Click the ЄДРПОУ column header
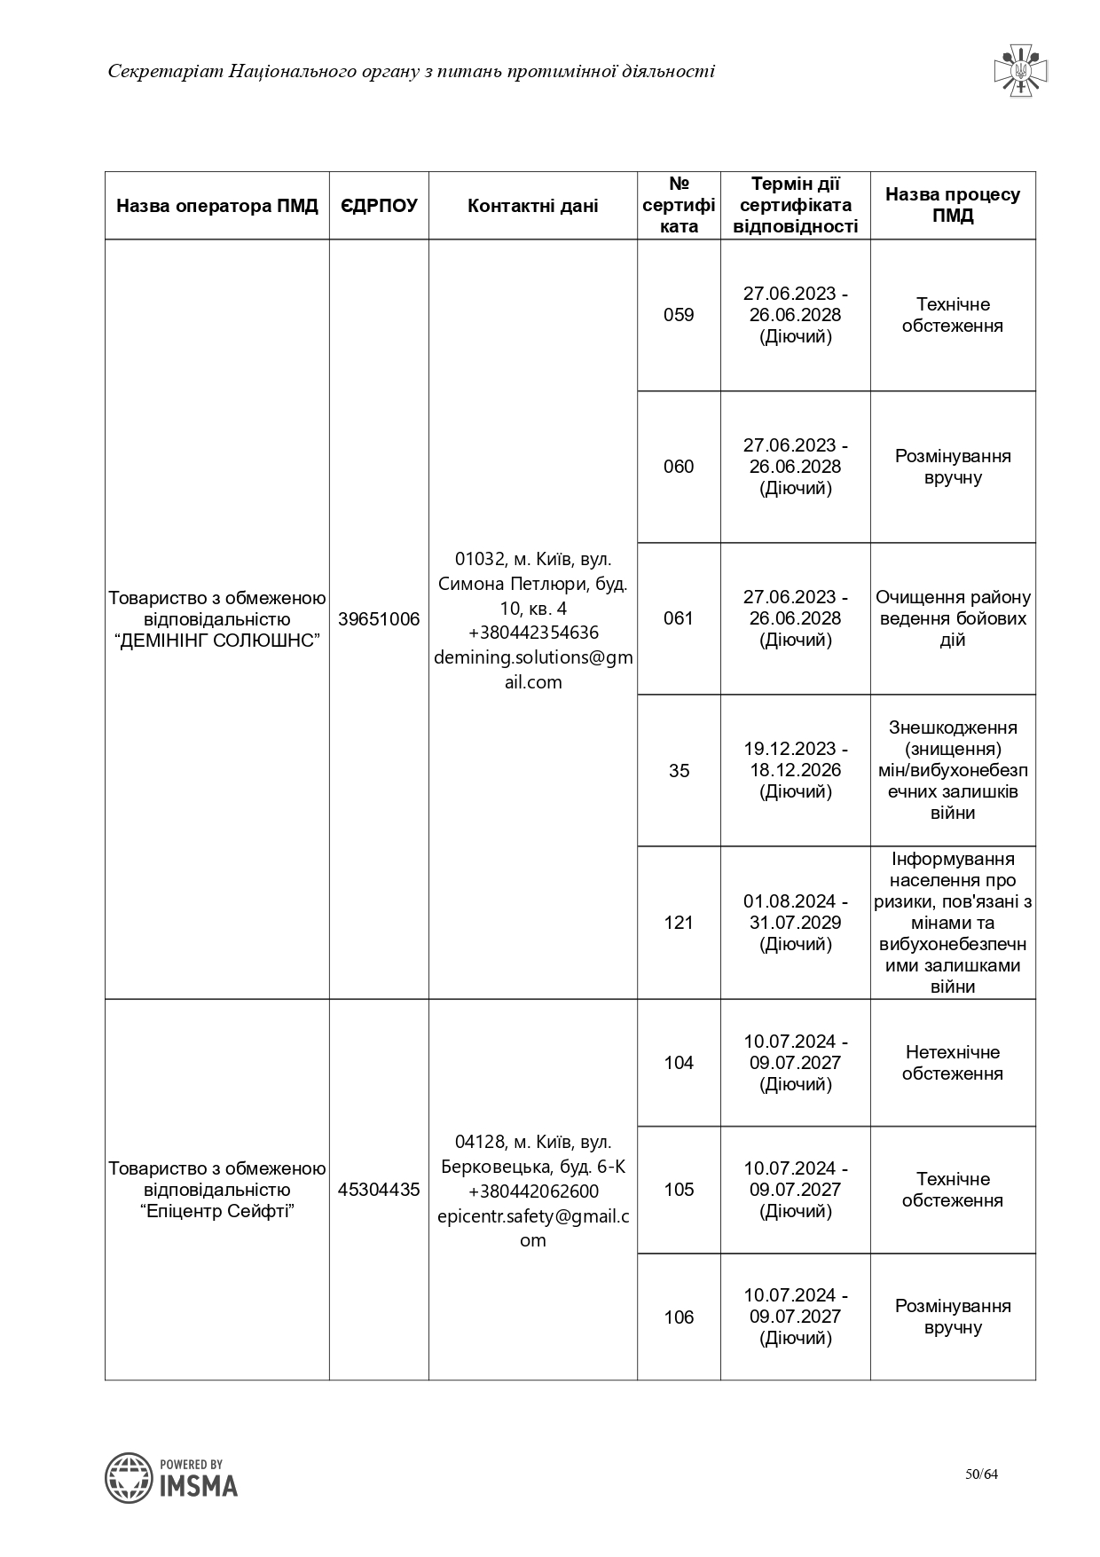(x=379, y=206)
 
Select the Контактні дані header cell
(x=532, y=206)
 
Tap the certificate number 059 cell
(x=679, y=315)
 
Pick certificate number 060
(x=679, y=467)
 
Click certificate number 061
(x=679, y=618)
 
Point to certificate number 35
(x=679, y=771)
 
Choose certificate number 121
(x=679, y=923)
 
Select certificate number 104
(x=679, y=1063)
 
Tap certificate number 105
(x=679, y=1190)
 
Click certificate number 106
(x=679, y=1317)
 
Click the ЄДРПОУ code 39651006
(x=379, y=619)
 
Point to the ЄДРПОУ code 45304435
(x=379, y=1190)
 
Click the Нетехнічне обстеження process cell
(x=953, y=1063)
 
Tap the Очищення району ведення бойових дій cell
(x=953, y=618)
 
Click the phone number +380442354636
(x=533, y=633)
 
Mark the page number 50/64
(x=982, y=1474)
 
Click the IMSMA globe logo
(x=129, y=1478)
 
